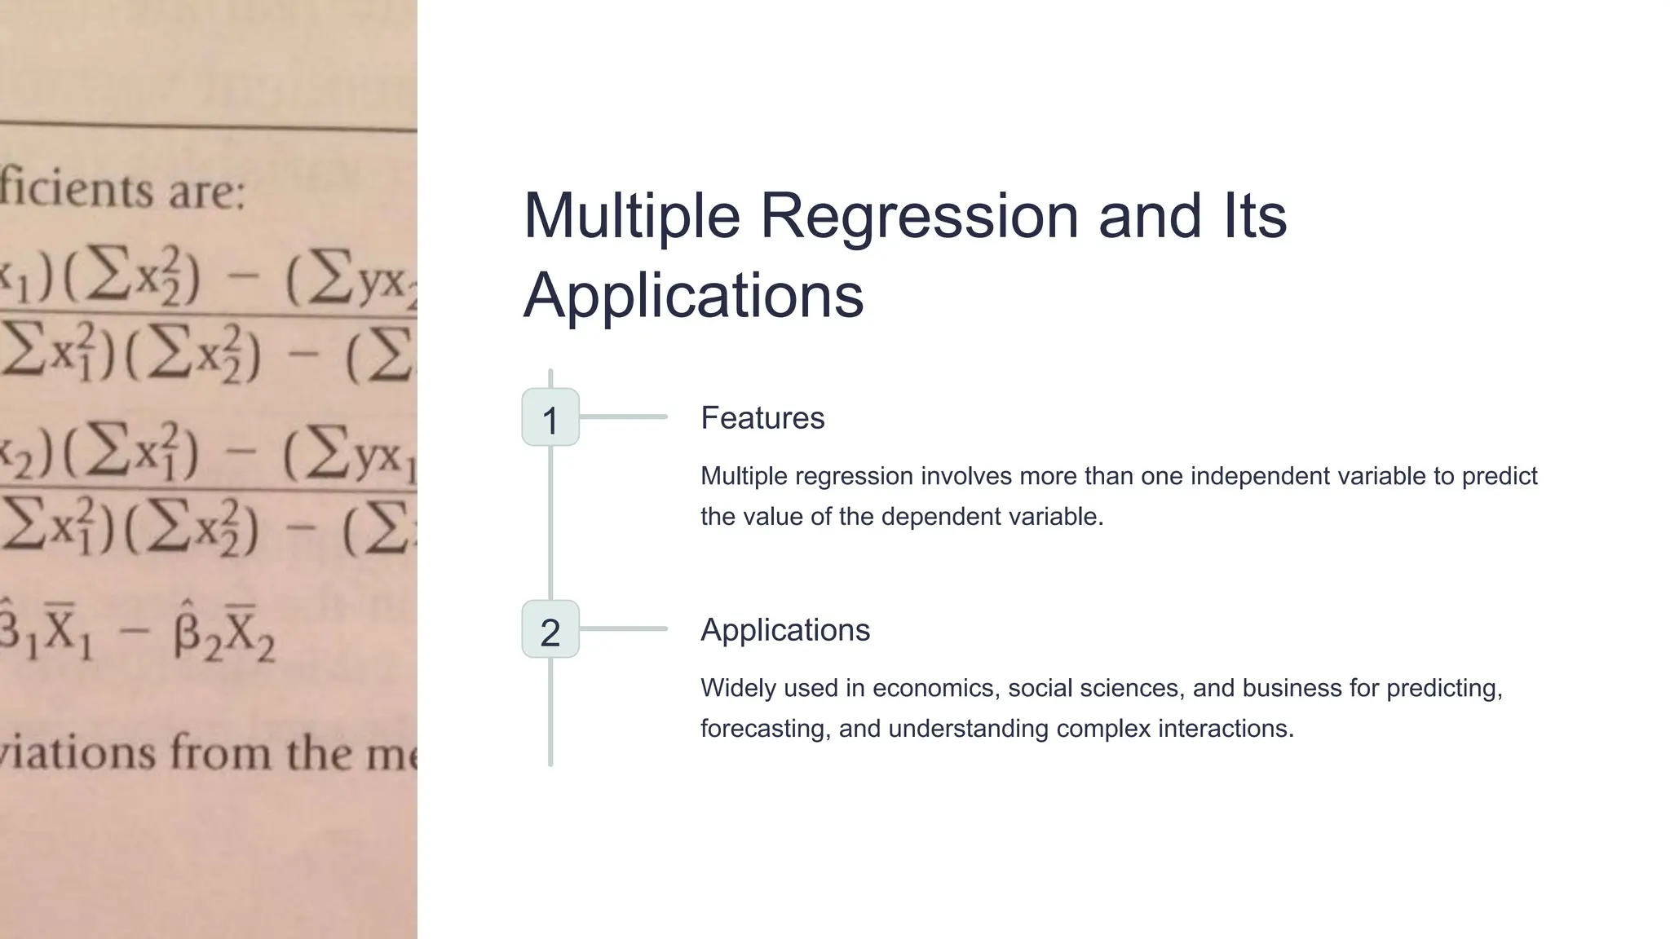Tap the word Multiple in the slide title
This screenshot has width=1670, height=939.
coord(632,217)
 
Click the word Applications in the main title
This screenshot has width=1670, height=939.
coord(693,295)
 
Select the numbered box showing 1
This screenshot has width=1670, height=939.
coord(550,418)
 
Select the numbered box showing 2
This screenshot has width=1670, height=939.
coord(550,630)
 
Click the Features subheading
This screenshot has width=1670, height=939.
coord(762,418)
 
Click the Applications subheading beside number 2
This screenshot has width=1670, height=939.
coord(785,630)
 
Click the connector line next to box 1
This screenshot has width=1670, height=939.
coord(624,417)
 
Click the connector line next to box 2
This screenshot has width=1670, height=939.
coord(624,629)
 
